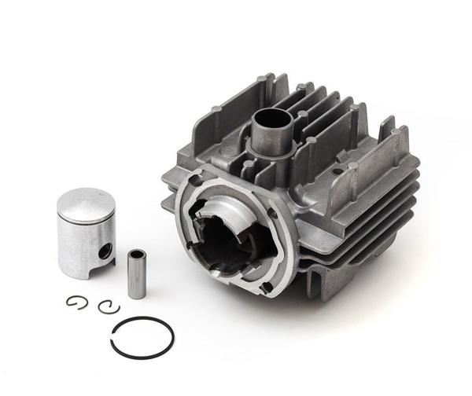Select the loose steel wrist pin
coord(136,273)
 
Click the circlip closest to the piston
coord(76,302)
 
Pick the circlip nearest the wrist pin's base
coord(108,306)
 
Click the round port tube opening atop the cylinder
coord(271,120)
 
